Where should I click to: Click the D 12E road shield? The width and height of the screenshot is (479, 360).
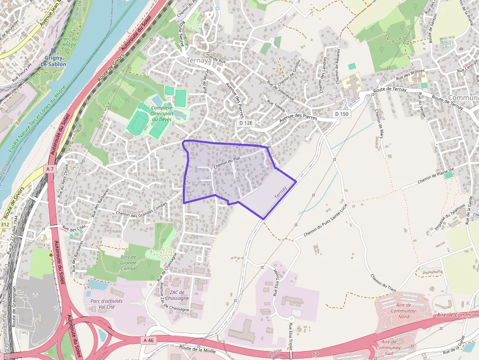click(x=246, y=123)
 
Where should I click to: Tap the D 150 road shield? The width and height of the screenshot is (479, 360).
click(x=342, y=114)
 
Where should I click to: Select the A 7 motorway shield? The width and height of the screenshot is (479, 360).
click(x=49, y=169)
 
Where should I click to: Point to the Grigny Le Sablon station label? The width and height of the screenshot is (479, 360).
click(x=53, y=61)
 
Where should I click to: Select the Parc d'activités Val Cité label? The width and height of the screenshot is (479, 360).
click(x=104, y=304)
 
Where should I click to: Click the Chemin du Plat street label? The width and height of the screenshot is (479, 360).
click(x=227, y=160)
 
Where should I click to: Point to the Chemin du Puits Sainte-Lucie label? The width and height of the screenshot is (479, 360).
click(x=325, y=221)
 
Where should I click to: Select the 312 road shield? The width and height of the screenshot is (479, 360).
click(x=5, y=224)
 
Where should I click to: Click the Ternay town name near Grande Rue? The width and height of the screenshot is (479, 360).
click(x=197, y=61)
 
